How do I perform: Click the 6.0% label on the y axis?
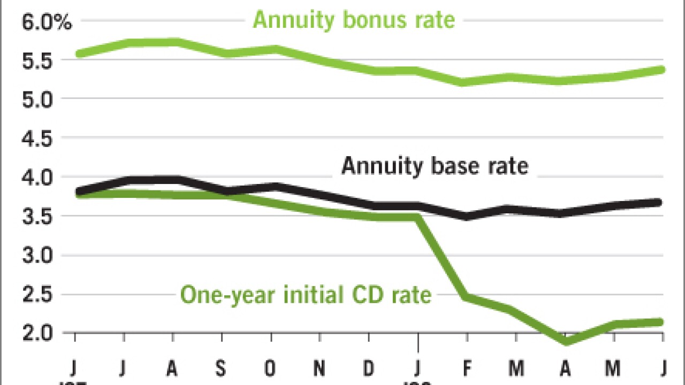[45, 22]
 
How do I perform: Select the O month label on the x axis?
[271, 368]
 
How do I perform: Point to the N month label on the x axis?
[320, 368]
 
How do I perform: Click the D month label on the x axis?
[369, 368]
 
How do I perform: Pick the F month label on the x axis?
[467, 368]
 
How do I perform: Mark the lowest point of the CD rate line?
[565, 341]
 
